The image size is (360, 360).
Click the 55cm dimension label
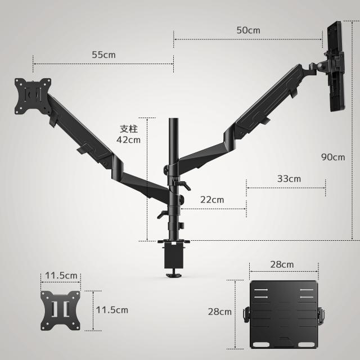tap(103, 55)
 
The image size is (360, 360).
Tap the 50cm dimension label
tap(248, 30)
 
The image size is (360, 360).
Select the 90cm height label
tap(333, 157)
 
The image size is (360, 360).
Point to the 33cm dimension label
tap(289, 178)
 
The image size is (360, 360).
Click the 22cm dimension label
tap(212, 200)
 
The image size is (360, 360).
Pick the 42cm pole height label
tap(129, 139)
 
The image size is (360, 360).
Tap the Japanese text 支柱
tap(129, 128)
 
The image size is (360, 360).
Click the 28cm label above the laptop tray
tap(282, 264)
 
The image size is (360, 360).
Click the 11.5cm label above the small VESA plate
tap(61, 276)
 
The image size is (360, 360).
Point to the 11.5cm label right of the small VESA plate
tap(112, 309)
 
